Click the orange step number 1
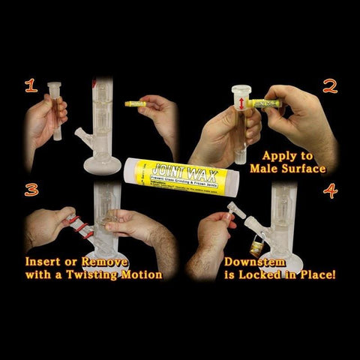pos(31,87)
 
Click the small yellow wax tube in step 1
pos(135,103)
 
